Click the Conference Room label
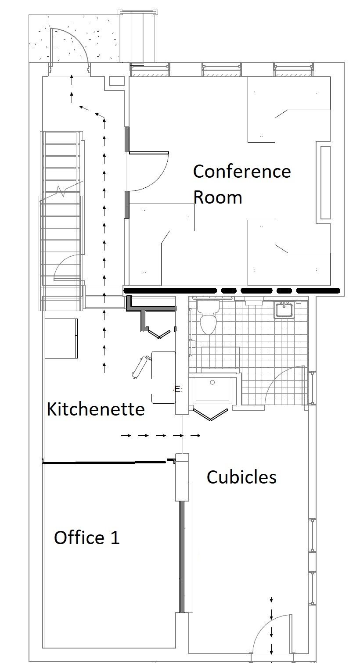(x=241, y=184)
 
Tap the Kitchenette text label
(x=96, y=409)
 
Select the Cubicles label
(x=241, y=477)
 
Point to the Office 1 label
(x=86, y=538)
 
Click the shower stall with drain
(x=213, y=389)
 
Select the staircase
(x=61, y=219)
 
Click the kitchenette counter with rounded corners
(x=163, y=377)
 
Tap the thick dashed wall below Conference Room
(x=233, y=290)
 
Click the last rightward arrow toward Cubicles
(x=196, y=436)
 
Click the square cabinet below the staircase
(x=61, y=338)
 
